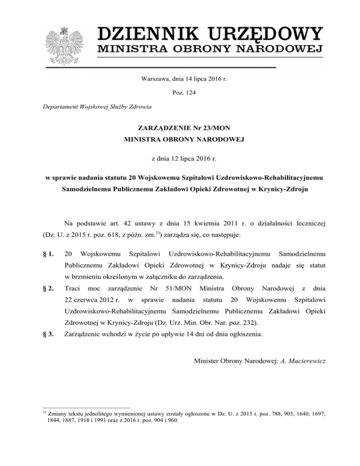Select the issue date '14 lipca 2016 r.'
point(203,80)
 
